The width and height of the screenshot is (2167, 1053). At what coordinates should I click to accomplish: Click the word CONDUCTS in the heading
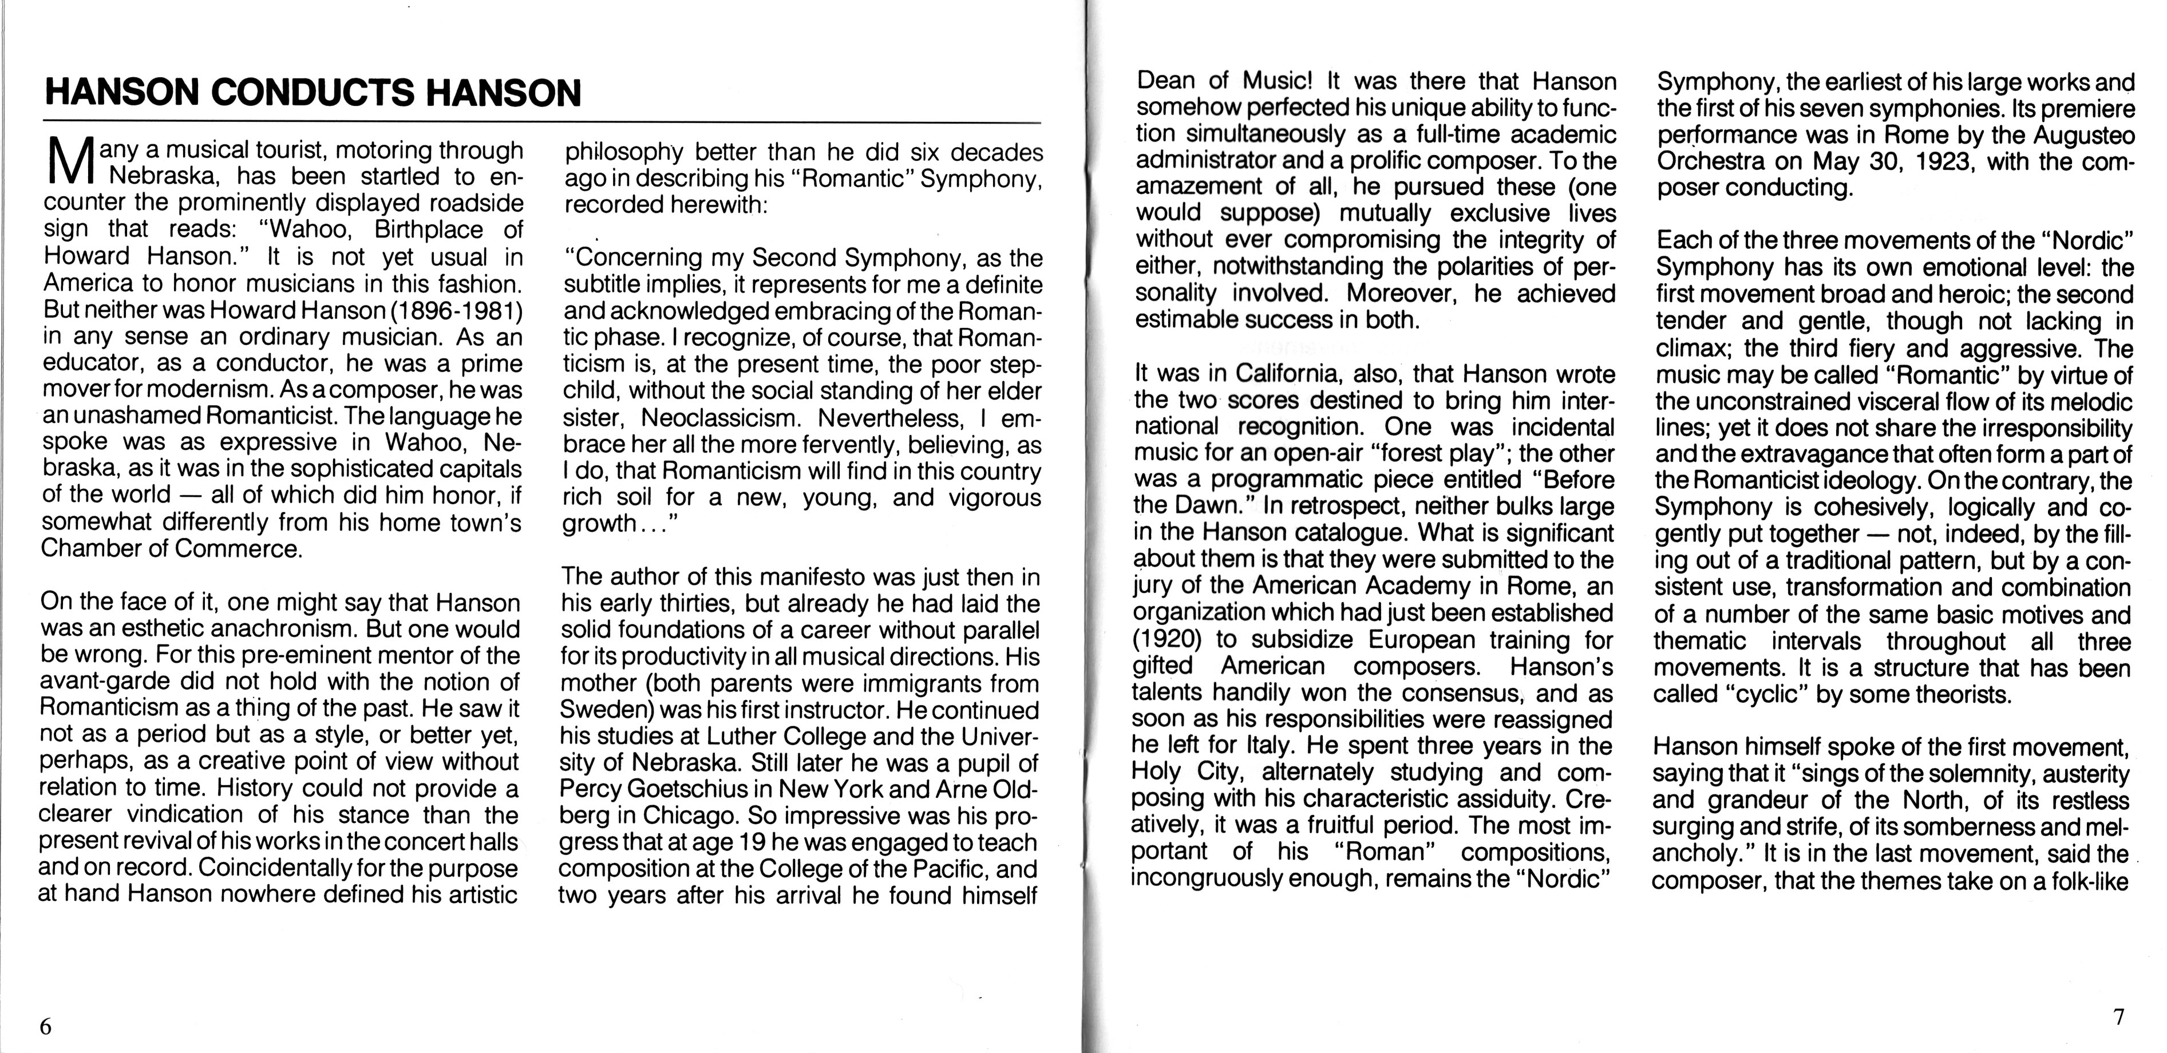[311, 93]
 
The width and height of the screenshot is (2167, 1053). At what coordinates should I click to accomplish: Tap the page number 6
[46, 1027]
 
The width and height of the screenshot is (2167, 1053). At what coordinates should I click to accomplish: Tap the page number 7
[2118, 1017]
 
